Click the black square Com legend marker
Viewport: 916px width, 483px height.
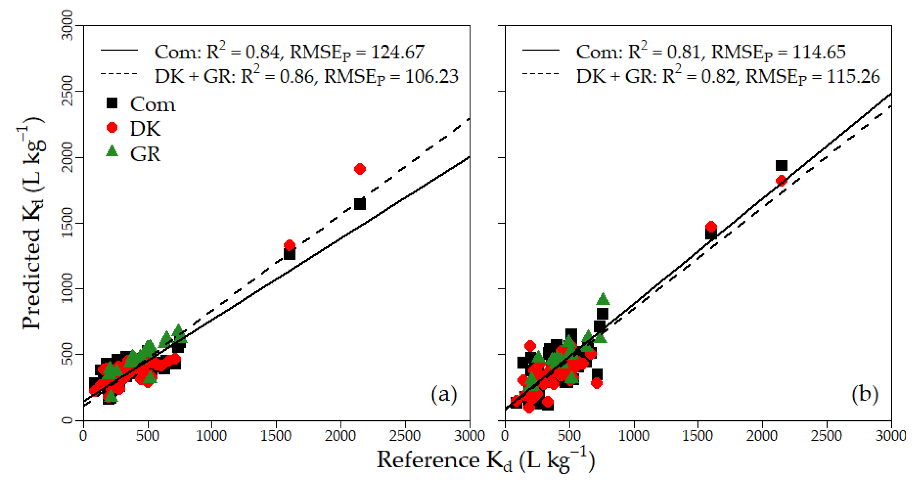tap(112, 103)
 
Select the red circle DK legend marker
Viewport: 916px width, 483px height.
tap(112, 127)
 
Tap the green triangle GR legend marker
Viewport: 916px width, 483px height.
tap(112, 152)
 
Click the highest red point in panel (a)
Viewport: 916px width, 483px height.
tap(360, 169)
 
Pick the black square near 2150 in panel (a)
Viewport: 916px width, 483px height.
tap(360, 204)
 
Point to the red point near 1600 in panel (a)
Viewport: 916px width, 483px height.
tap(289, 245)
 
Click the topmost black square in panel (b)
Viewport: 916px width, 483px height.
tap(781, 166)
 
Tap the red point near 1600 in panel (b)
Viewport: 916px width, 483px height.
tap(711, 227)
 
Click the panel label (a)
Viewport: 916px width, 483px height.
tap(444, 394)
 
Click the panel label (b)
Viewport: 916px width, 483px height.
tap(865, 394)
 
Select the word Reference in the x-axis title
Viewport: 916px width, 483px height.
tap(428, 460)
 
